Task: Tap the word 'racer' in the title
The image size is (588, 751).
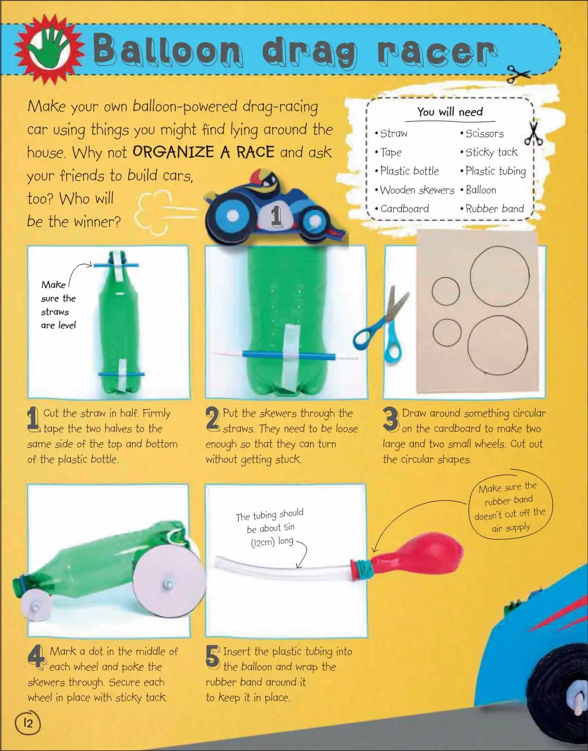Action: pos(437,53)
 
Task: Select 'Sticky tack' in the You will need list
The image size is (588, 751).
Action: pos(489,152)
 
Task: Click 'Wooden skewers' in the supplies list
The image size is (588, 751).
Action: pos(414,190)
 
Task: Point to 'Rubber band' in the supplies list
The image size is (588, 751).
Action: pos(492,209)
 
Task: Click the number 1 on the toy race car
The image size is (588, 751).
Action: pos(276,216)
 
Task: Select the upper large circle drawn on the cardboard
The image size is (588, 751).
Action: pos(499,276)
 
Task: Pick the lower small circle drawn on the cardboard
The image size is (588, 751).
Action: pos(447,333)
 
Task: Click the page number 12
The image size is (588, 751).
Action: pos(28,723)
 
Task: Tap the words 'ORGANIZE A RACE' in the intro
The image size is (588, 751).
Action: pos(203,152)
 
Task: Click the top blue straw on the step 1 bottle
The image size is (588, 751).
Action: pos(115,266)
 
